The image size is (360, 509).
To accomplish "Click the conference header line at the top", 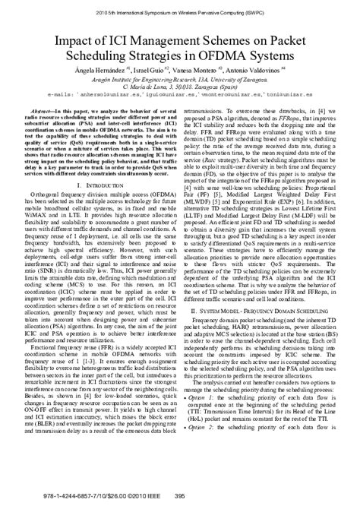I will pos(180,13).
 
